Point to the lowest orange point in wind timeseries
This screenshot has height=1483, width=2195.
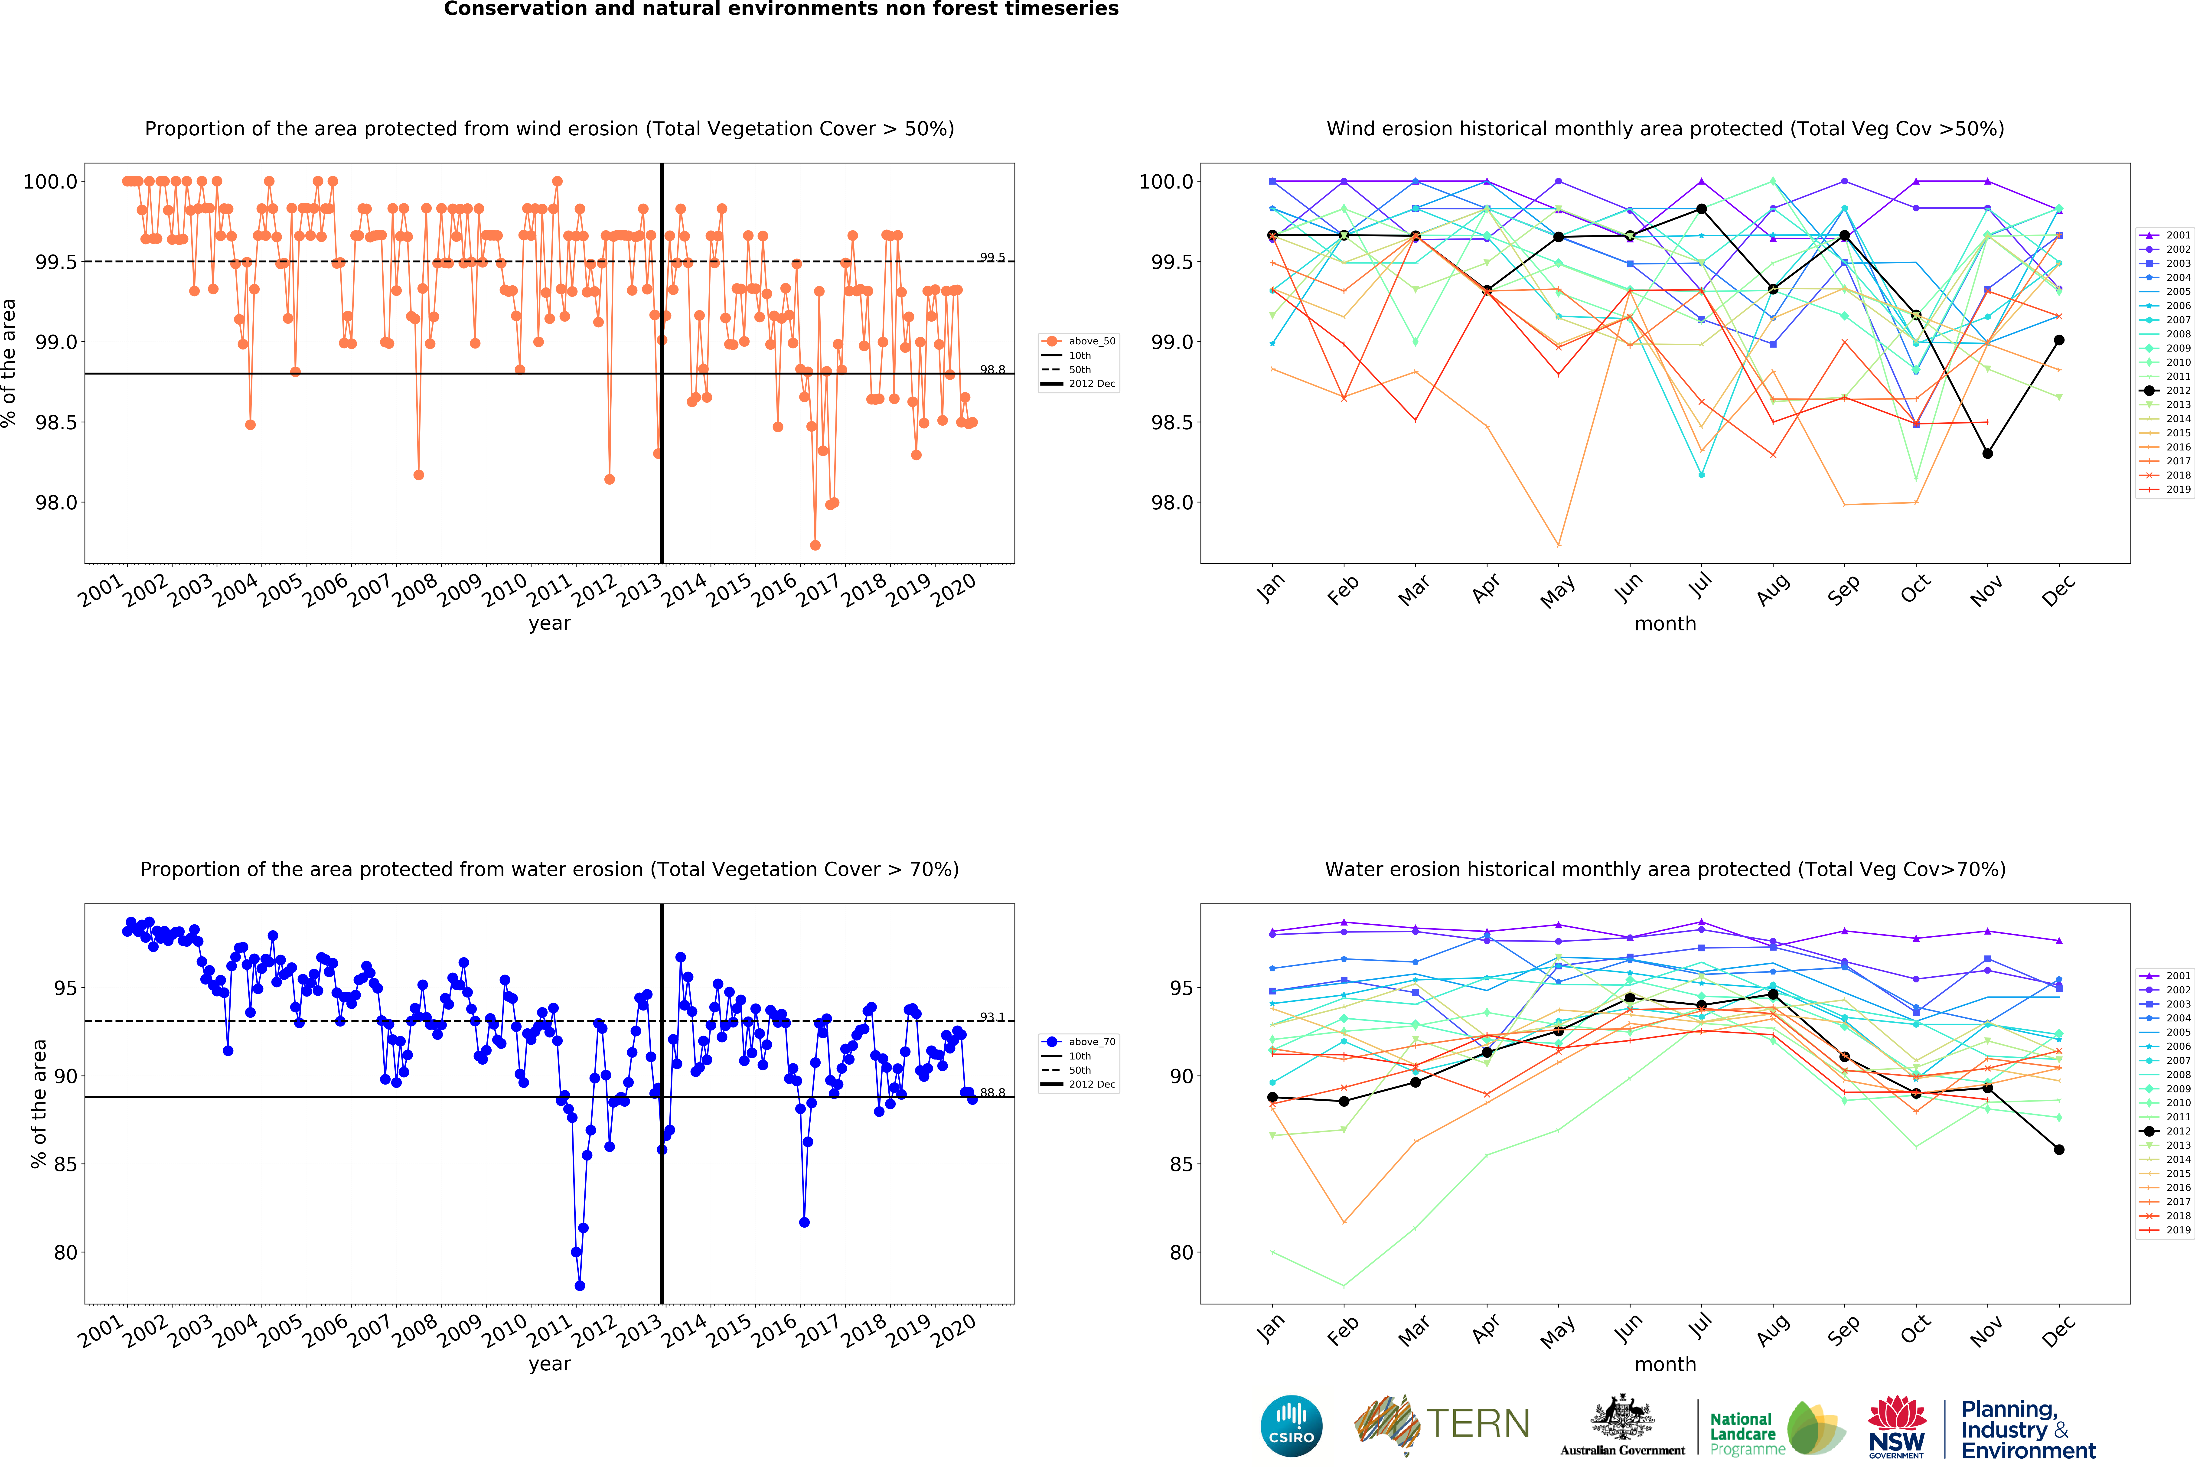(x=815, y=545)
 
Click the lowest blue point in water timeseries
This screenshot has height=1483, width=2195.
(x=580, y=1286)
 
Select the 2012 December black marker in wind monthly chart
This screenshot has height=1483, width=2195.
(x=2059, y=340)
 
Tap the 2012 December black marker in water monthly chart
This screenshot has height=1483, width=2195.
(x=2059, y=1150)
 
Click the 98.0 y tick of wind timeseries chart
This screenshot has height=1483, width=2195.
(x=57, y=502)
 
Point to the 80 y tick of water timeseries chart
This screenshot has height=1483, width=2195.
(x=66, y=1252)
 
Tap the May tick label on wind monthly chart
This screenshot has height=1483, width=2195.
(x=1556, y=591)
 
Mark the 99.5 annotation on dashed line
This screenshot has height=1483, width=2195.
(x=992, y=257)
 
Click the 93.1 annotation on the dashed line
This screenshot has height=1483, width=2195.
(x=992, y=1017)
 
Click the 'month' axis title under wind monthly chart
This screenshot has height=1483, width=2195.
(x=1665, y=623)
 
